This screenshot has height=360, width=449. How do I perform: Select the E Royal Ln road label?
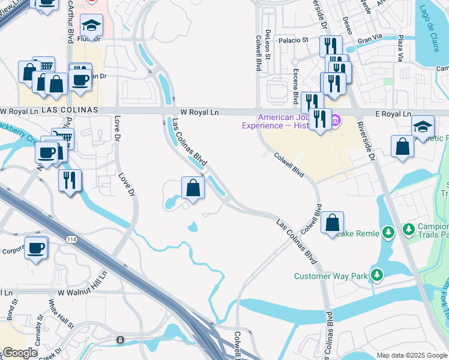(x=391, y=114)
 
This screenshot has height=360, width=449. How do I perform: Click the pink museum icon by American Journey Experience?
(x=336, y=122)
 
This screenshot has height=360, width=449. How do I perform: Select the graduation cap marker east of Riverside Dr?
(x=423, y=126)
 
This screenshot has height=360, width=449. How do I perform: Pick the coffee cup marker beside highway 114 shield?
(x=35, y=247)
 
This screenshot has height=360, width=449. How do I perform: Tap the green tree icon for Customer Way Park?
(x=377, y=275)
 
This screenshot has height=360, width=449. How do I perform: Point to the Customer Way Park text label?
(x=330, y=277)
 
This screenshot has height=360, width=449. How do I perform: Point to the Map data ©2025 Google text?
(x=411, y=355)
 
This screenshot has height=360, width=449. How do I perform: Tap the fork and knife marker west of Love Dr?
(x=70, y=179)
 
